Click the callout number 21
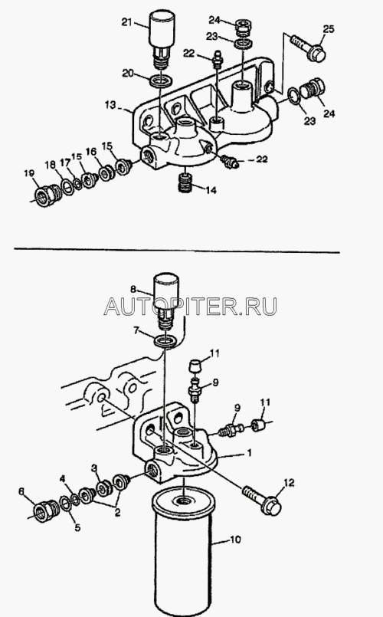[126, 22]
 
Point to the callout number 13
[110, 105]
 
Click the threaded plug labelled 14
[185, 182]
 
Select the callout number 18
[51, 165]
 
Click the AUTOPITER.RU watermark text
[190, 306]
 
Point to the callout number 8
[133, 290]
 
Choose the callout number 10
[235, 539]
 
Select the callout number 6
[21, 491]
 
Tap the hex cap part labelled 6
[46, 510]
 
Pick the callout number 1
[248, 452]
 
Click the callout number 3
[94, 468]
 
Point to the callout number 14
[211, 190]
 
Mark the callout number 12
[289, 482]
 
